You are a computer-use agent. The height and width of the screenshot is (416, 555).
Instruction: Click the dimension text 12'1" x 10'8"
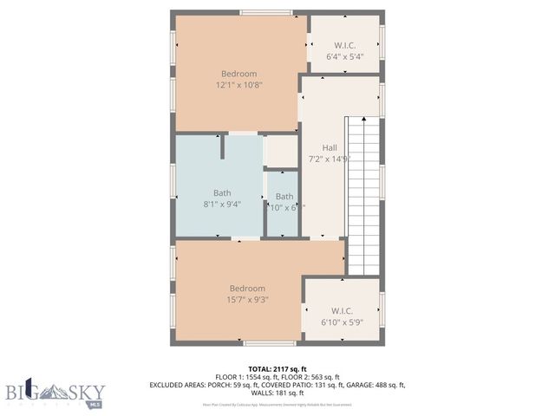(239, 85)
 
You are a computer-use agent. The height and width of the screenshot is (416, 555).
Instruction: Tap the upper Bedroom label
(239, 74)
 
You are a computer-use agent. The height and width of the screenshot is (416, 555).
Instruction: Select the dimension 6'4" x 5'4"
(344, 56)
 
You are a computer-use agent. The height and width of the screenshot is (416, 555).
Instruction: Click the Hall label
(330, 147)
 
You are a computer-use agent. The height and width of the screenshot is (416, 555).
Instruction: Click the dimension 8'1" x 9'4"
(221, 204)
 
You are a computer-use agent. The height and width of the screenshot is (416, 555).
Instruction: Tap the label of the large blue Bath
(222, 192)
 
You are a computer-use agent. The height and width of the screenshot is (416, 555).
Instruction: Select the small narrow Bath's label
(284, 197)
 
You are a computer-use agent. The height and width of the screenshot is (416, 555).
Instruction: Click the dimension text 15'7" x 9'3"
(247, 300)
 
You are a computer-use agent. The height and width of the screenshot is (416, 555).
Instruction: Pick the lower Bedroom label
(247, 289)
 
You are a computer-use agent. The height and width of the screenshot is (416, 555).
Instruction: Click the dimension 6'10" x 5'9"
(341, 322)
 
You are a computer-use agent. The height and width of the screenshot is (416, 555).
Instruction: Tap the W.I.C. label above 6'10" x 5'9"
(341, 310)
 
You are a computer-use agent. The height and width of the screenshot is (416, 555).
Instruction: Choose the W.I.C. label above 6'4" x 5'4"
(344, 45)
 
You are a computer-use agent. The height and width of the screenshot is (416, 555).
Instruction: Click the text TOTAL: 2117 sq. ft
(277, 368)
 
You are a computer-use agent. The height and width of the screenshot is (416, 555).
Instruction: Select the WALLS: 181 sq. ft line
(277, 392)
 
